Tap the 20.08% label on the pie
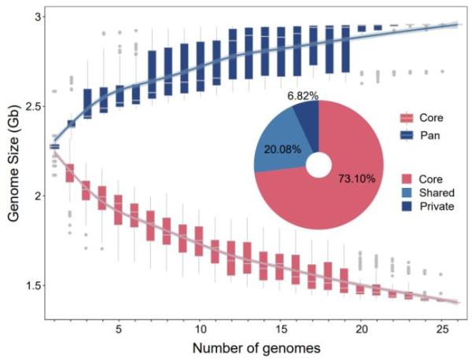click(x=281, y=149)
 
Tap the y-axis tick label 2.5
click(x=35, y=105)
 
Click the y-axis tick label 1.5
click(x=35, y=285)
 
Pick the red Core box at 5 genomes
click(x=119, y=210)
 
